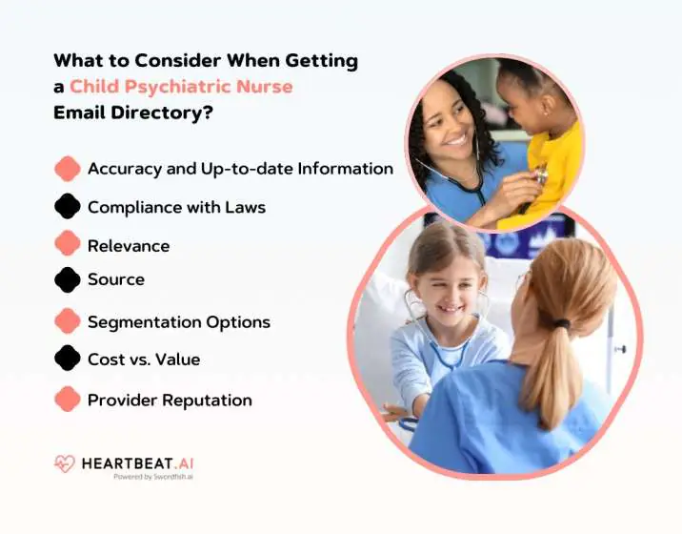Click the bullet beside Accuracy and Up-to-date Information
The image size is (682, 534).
point(68,169)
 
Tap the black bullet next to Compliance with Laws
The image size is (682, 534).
point(68,206)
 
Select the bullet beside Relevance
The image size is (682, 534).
point(68,244)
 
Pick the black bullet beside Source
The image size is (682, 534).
point(68,279)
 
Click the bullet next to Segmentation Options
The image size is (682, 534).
point(68,320)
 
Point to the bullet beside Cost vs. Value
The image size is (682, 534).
point(68,359)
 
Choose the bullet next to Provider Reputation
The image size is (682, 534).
point(68,399)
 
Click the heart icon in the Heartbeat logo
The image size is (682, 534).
point(65,464)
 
